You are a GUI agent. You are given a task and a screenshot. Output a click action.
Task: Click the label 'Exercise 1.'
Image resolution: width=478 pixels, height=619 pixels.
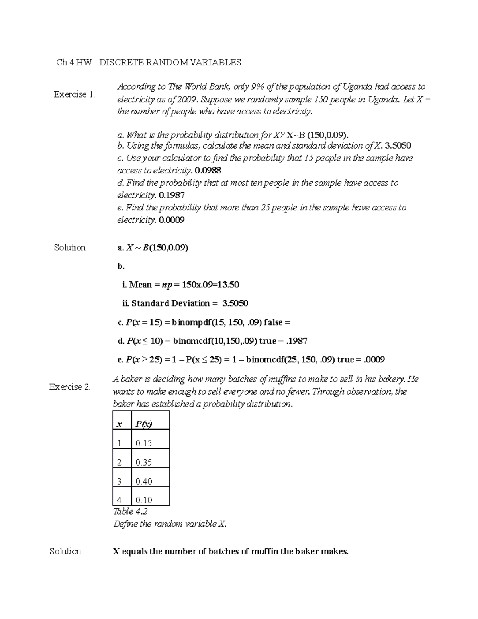(x=74, y=94)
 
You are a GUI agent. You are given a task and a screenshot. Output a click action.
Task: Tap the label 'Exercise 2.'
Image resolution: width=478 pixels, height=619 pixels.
(x=70, y=387)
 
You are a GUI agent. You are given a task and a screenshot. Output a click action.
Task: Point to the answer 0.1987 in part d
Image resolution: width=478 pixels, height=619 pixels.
(x=171, y=195)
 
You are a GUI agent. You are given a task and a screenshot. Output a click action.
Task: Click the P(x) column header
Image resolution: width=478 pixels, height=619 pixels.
(x=144, y=424)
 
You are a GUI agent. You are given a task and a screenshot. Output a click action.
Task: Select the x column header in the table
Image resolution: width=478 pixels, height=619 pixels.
(x=119, y=424)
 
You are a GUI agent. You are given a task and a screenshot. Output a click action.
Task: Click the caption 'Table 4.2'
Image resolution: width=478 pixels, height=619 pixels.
(x=130, y=511)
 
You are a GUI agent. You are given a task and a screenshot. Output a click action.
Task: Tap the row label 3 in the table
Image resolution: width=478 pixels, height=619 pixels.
(x=119, y=481)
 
